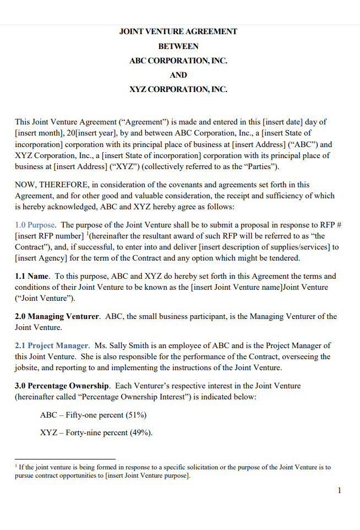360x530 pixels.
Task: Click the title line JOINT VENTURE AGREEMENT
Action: coord(178,31)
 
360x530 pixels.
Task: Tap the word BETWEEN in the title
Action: coord(178,46)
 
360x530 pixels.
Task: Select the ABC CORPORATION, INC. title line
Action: coord(178,61)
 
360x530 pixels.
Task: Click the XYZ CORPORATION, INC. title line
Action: coord(178,89)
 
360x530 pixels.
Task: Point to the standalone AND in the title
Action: coord(178,75)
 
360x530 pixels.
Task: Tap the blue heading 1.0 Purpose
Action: coord(35,225)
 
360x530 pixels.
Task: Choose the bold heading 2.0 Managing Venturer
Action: coord(57,316)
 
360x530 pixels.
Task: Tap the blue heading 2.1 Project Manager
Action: coord(52,345)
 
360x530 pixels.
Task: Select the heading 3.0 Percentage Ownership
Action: coord(62,386)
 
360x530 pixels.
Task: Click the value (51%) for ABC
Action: coord(135,415)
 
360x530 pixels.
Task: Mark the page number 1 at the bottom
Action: coord(340,490)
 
